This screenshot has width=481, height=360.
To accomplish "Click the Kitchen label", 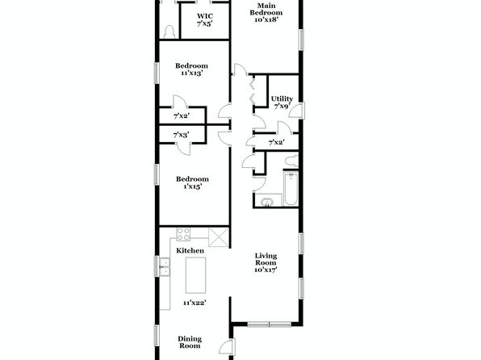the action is [190, 251].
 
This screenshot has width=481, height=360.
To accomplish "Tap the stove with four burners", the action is [183, 234].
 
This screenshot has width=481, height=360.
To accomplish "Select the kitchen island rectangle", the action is [195, 275].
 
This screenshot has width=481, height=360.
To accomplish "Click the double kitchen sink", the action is [165, 267].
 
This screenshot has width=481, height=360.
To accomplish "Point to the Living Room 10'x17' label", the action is [266, 262].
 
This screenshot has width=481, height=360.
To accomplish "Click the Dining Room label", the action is [190, 342].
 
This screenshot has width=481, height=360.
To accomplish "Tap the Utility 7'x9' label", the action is [282, 103].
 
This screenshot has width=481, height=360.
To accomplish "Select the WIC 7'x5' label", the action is [205, 19].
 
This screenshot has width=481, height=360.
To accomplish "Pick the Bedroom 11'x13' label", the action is [192, 69].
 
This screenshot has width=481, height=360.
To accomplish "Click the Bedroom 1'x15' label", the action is [192, 182].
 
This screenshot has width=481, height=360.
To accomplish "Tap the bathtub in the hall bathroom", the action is [291, 190].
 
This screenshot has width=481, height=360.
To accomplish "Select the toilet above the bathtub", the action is [291, 161].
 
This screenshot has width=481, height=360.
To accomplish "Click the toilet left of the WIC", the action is [169, 31].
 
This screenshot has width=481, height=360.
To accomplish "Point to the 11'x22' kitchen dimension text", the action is [194, 303].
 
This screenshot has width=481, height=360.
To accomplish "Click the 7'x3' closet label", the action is [181, 135].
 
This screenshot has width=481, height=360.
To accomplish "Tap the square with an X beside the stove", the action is [219, 237].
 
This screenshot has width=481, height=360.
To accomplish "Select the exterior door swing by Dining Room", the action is [228, 347].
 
